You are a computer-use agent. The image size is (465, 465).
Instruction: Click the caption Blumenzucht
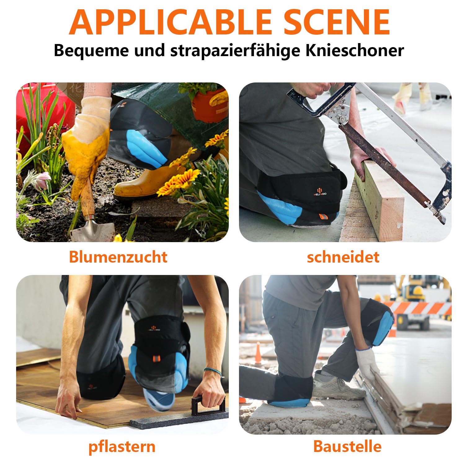click(x=118, y=257)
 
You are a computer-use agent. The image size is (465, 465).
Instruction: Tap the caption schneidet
click(x=343, y=257)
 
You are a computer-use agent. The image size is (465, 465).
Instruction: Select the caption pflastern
click(x=122, y=447)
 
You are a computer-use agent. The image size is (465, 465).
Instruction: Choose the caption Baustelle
click(x=347, y=446)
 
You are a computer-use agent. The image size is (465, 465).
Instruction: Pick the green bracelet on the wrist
click(x=213, y=371)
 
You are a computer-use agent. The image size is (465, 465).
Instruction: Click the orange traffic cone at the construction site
click(x=258, y=353)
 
